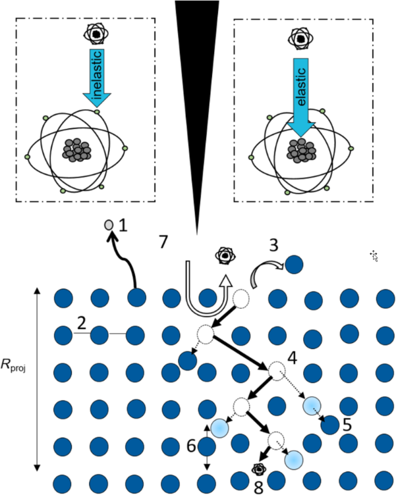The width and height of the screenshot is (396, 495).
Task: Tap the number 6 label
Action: tap(192, 446)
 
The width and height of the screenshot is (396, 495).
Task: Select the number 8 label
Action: tap(259, 488)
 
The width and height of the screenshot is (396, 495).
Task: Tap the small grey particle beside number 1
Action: tap(108, 226)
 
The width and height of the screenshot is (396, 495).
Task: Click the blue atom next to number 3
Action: tap(293, 265)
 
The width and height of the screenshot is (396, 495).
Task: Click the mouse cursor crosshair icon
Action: tap(374, 255)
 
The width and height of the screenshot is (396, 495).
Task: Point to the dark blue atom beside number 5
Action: tap(329, 425)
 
